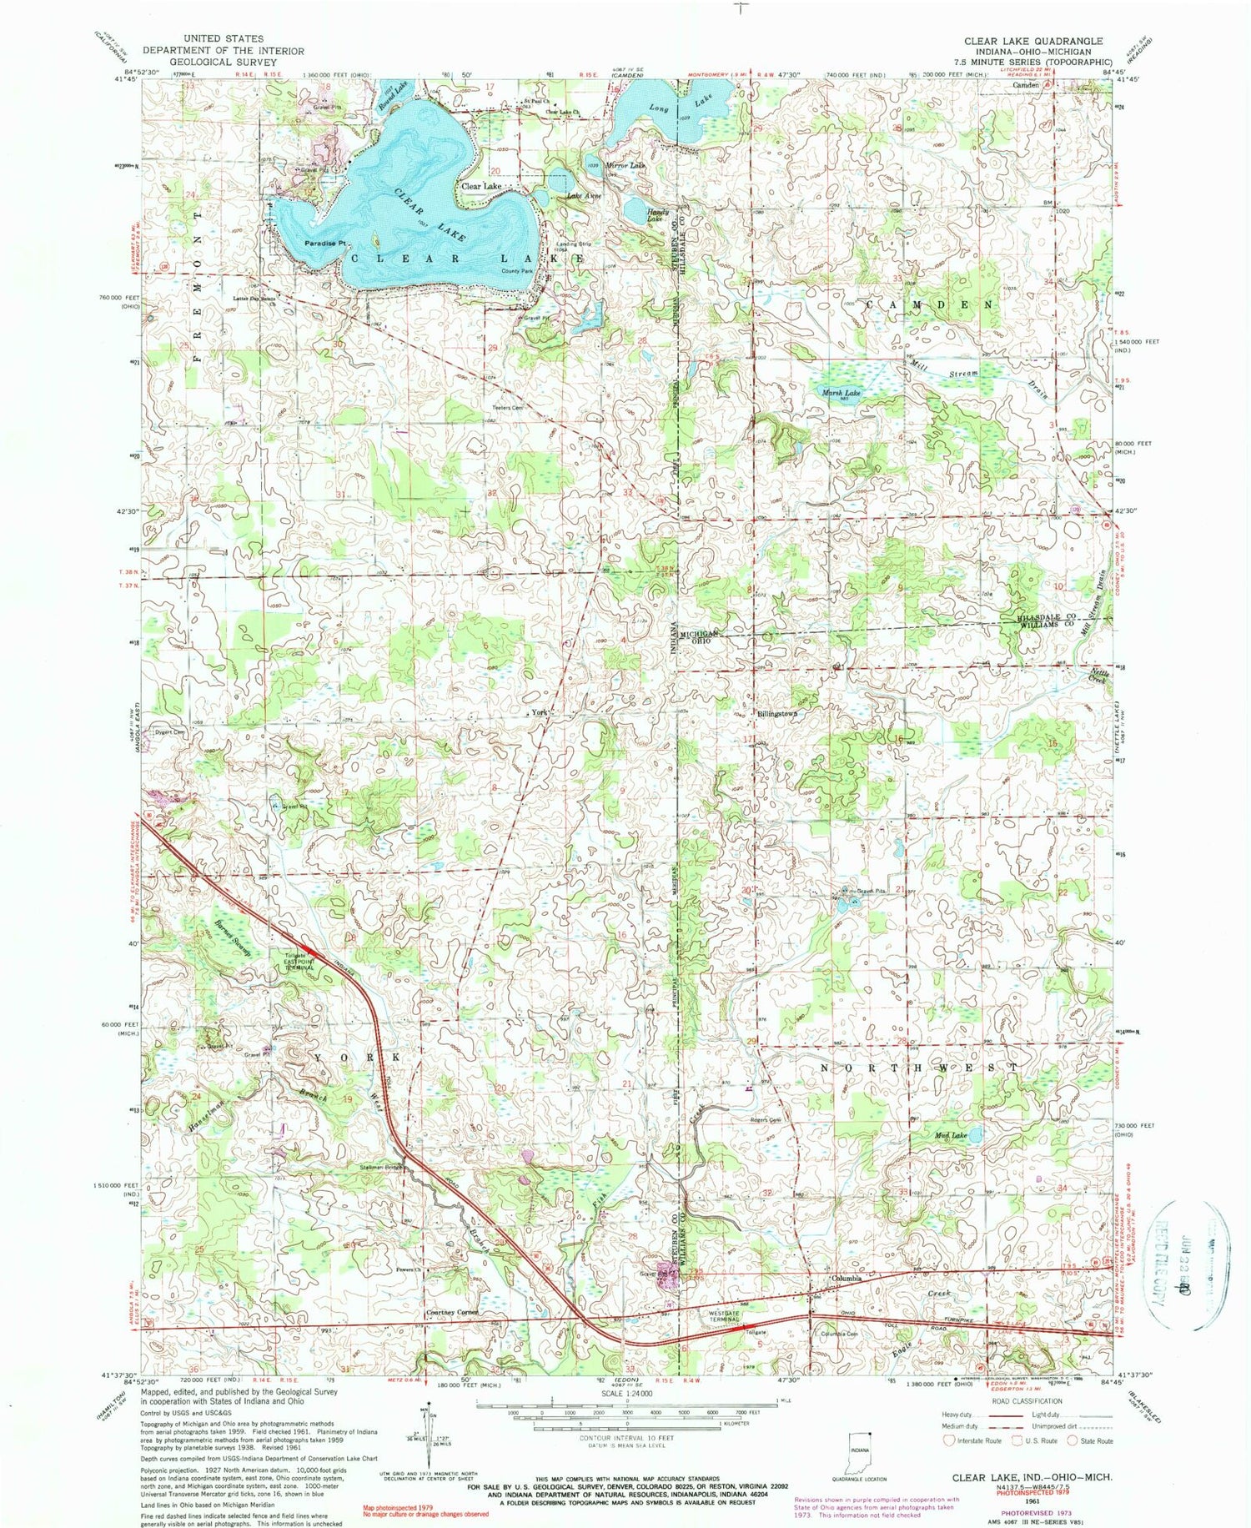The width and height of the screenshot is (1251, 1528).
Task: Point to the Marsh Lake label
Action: click(x=842, y=392)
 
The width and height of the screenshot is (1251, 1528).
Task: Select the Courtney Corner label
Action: click(x=452, y=1312)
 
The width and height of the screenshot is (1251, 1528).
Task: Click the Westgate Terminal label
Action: click(x=722, y=1316)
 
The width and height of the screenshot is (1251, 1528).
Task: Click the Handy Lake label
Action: click(x=659, y=214)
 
